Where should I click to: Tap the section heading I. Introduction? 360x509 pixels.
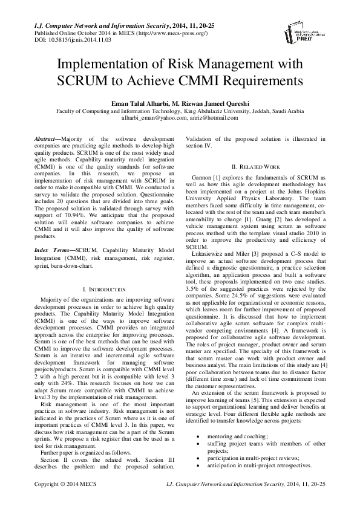pos(104,290)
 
